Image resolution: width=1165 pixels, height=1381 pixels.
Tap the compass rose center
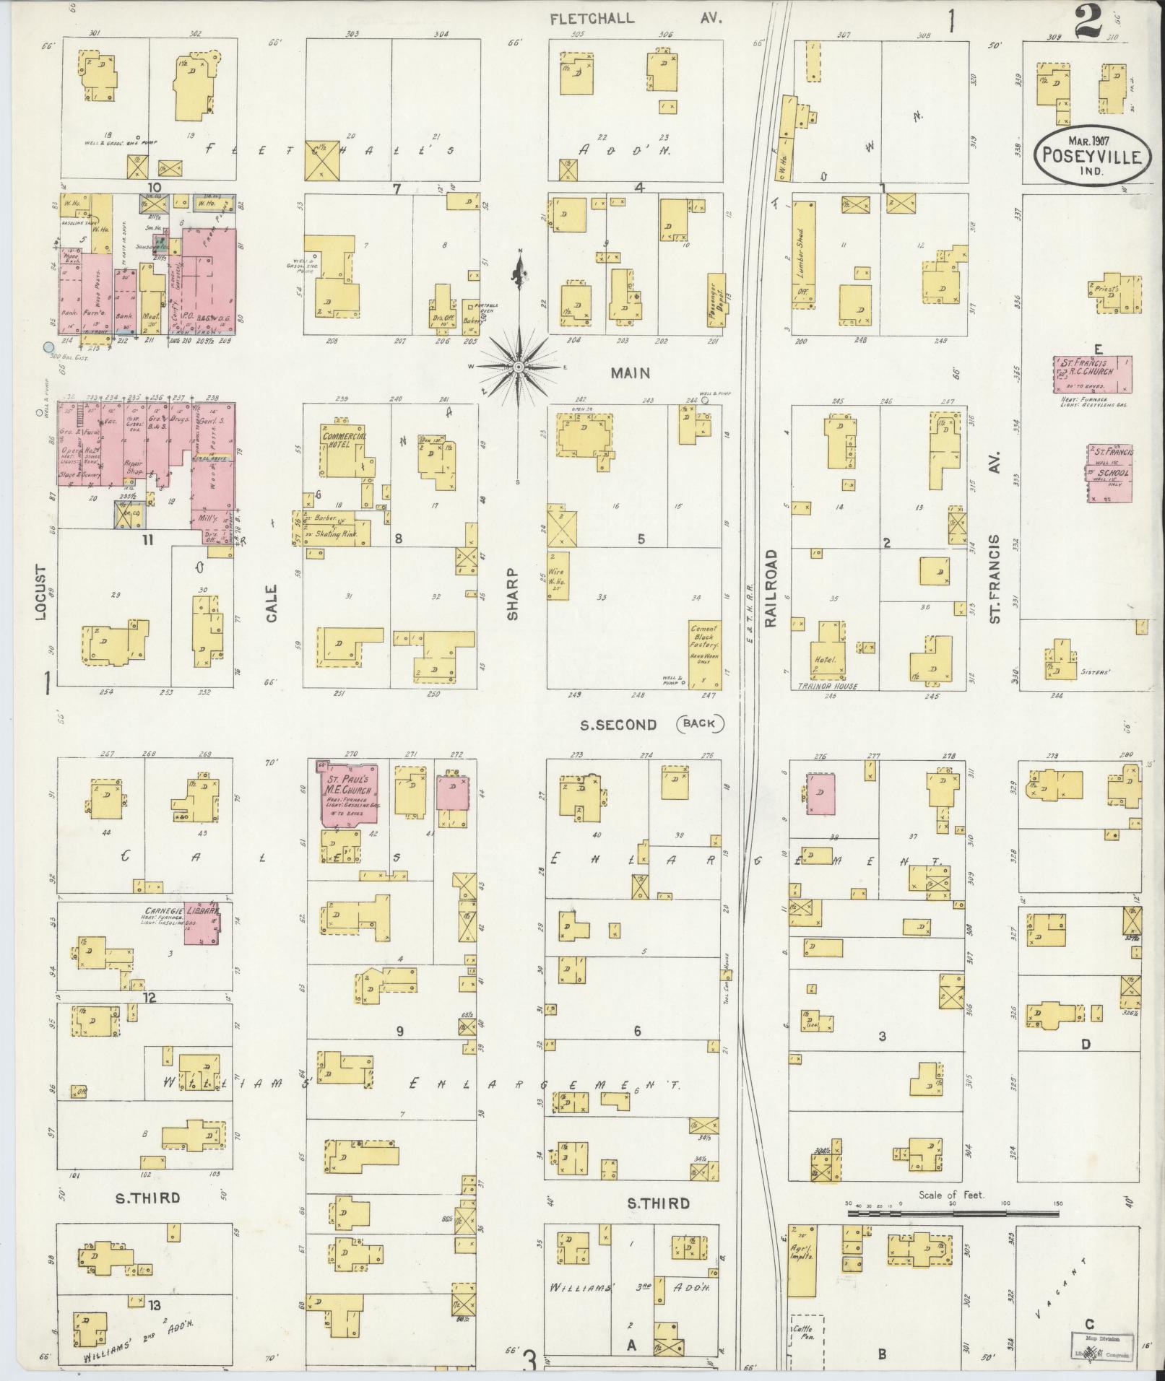pyautogui.click(x=518, y=367)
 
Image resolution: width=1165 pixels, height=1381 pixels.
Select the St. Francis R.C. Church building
pyautogui.click(x=1091, y=374)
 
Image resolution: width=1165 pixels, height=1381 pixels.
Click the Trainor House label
pyautogui.click(x=828, y=687)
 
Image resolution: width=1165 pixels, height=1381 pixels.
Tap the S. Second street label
pyautogui.click(x=618, y=724)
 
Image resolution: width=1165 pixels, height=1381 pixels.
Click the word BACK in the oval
pyautogui.click(x=699, y=723)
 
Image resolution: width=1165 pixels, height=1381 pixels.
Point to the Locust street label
pyautogui.click(x=41, y=593)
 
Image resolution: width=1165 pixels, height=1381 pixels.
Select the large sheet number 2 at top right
pyautogui.click(x=1089, y=23)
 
